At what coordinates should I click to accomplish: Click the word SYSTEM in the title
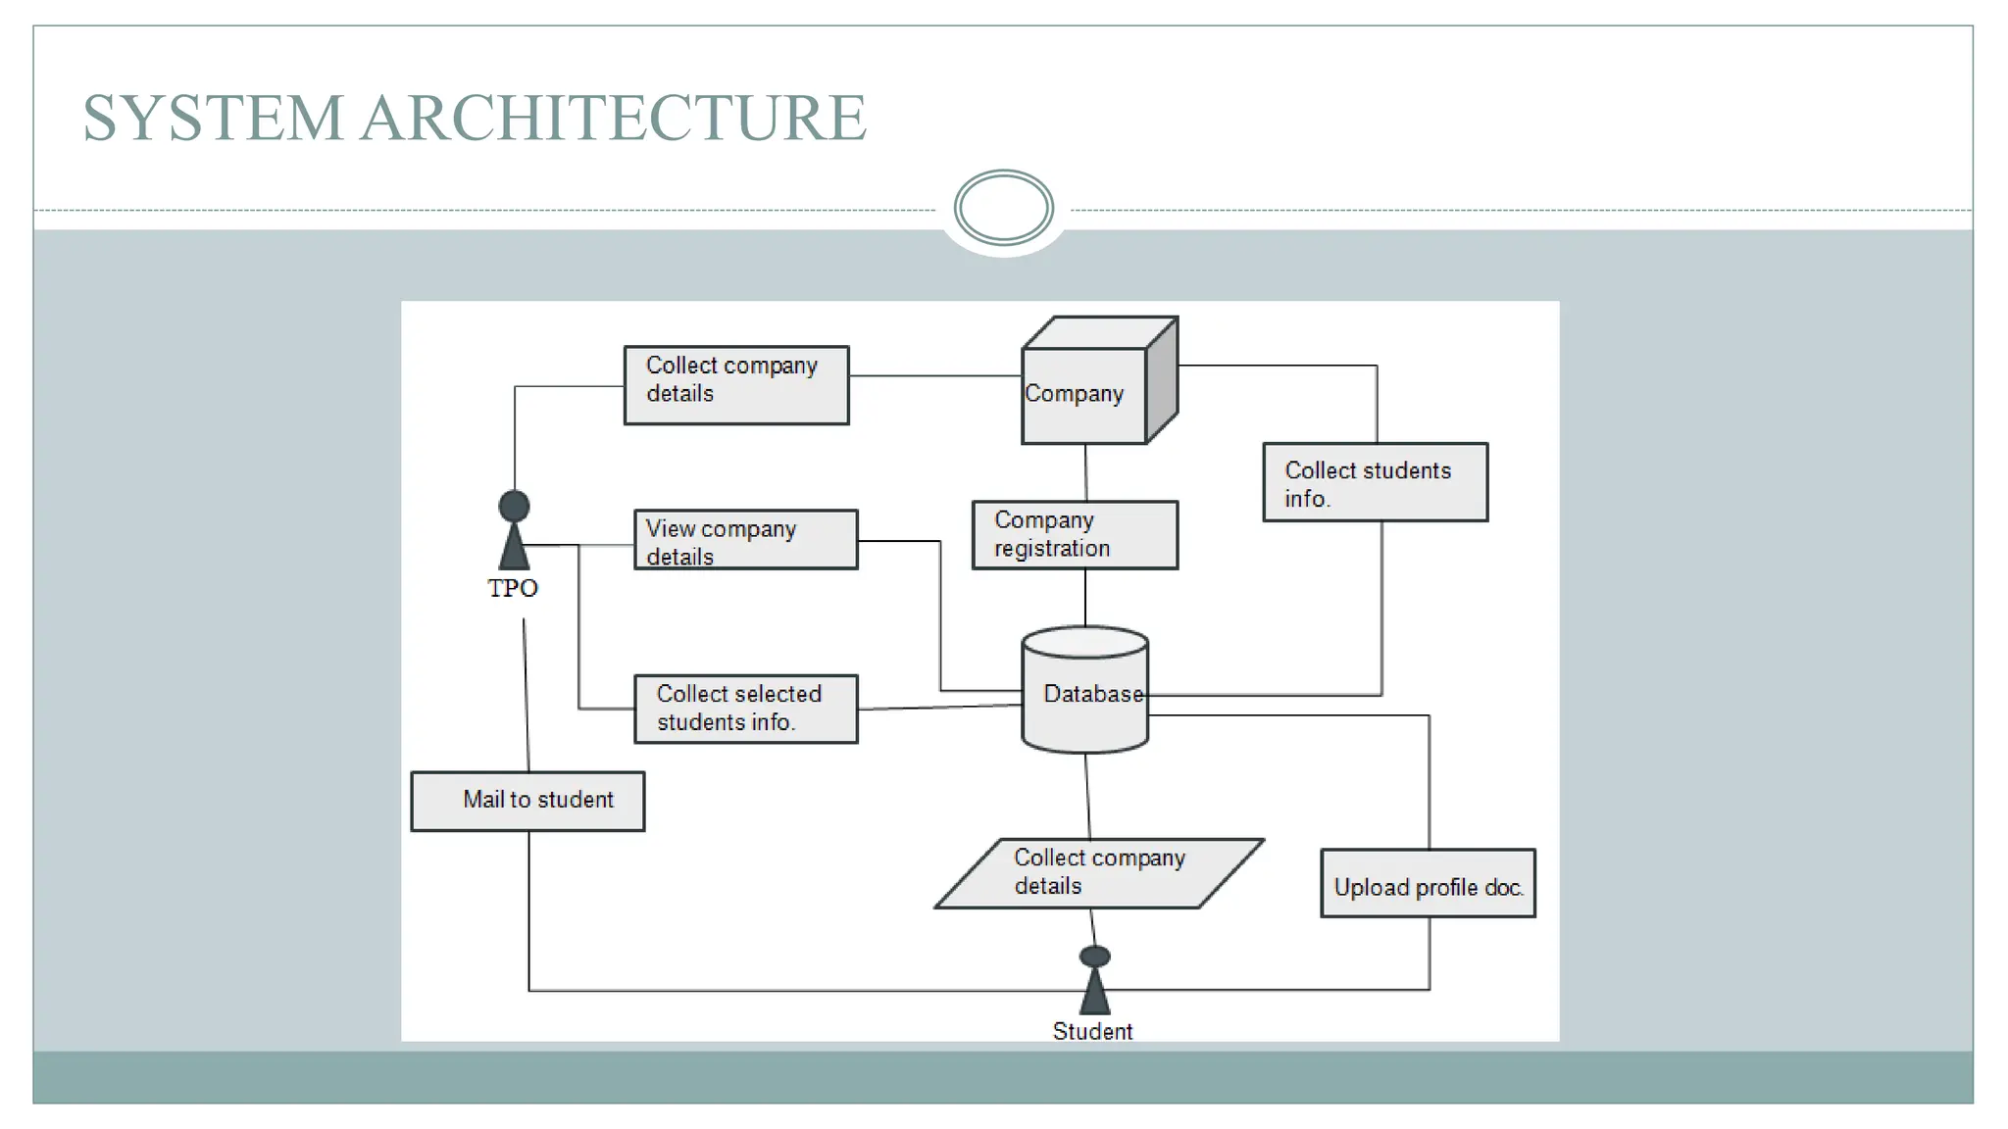[x=212, y=119]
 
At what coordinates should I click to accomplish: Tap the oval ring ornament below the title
[x=1003, y=208]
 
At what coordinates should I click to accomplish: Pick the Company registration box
[x=1075, y=535]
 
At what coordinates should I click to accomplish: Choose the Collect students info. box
[x=1375, y=483]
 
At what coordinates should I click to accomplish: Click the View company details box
[x=745, y=540]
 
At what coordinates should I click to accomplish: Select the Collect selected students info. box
[x=745, y=709]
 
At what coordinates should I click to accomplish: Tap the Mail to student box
[x=527, y=801]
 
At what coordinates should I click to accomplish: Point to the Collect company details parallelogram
[x=1098, y=873]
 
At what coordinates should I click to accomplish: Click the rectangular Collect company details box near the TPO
[x=736, y=385]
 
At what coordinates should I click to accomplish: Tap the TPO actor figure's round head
[x=514, y=506]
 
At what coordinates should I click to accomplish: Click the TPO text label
[x=513, y=588]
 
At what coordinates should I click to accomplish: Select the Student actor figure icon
[x=1094, y=982]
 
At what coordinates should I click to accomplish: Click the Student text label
[x=1092, y=1031]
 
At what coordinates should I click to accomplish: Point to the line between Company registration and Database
[x=1085, y=598]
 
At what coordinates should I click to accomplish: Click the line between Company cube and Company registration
[x=1085, y=472]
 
